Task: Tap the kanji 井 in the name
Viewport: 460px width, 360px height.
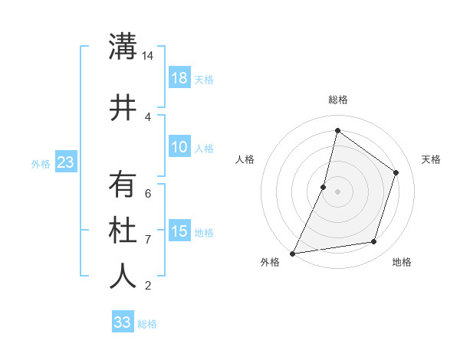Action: (123, 107)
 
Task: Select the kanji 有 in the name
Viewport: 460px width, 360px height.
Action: (123, 185)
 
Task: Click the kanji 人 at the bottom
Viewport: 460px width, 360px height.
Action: (123, 276)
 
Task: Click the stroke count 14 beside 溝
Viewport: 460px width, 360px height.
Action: (148, 56)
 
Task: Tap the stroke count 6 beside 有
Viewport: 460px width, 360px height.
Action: (148, 193)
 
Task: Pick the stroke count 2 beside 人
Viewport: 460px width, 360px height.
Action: (148, 286)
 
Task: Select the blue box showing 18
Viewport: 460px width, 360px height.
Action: (179, 78)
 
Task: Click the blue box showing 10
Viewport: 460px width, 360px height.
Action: (179, 148)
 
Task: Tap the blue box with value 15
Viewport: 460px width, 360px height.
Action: (179, 231)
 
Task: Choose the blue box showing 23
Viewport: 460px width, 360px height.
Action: (65, 162)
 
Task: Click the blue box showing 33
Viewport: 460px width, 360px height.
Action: (123, 322)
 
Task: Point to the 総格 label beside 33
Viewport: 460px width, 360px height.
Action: (148, 324)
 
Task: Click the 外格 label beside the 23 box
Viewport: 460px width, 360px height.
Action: (41, 163)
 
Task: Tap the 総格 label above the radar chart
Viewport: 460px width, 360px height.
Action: (338, 100)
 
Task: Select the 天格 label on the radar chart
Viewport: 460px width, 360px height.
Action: (431, 159)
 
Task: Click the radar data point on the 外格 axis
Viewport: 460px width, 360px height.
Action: (292, 253)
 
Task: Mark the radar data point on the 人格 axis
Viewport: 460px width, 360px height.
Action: (324, 187)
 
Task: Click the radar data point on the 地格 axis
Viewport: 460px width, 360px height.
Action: (374, 242)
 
